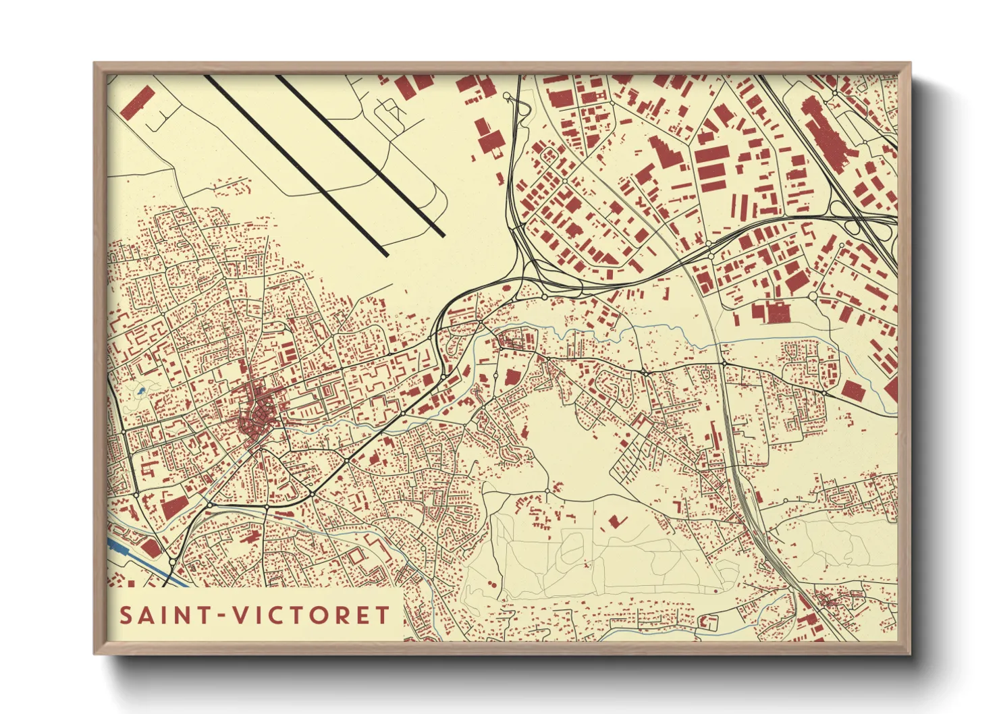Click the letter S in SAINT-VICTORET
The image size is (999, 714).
(x=126, y=615)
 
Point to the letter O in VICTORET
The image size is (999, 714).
(x=320, y=615)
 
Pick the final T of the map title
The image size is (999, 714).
(x=383, y=615)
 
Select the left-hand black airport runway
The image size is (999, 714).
(x=297, y=165)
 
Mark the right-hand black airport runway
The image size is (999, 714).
(x=361, y=155)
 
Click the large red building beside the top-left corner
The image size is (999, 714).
(x=138, y=102)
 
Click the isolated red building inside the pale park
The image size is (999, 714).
(x=615, y=520)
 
